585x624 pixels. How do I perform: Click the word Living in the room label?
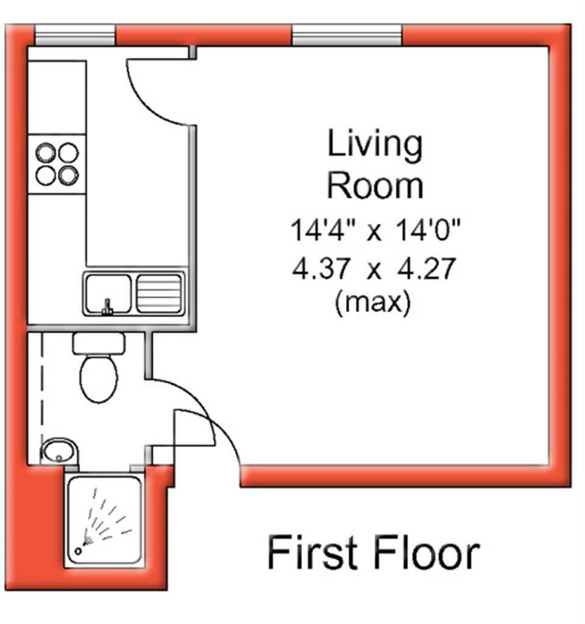click(375, 146)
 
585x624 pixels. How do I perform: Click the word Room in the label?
click(375, 186)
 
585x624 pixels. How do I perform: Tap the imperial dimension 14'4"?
click(322, 230)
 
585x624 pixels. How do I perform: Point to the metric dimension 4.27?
click(426, 269)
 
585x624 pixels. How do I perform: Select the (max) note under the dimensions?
click(373, 302)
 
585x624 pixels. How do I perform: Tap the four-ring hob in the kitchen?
click(57, 164)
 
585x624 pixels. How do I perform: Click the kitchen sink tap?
click(107, 307)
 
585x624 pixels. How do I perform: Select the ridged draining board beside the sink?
click(159, 293)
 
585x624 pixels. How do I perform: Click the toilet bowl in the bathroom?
click(99, 378)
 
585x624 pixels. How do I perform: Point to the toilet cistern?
click(99, 344)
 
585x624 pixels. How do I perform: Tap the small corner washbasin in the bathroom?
click(59, 451)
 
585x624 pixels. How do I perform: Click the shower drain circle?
click(79, 551)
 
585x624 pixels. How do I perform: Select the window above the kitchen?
click(75, 35)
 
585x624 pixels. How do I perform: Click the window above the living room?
click(347, 35)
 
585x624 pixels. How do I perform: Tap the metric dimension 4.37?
click(322, 269)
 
